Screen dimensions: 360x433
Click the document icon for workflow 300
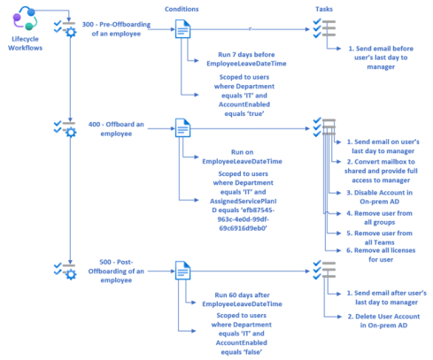click(182, 33)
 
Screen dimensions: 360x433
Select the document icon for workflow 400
click(182, 130)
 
